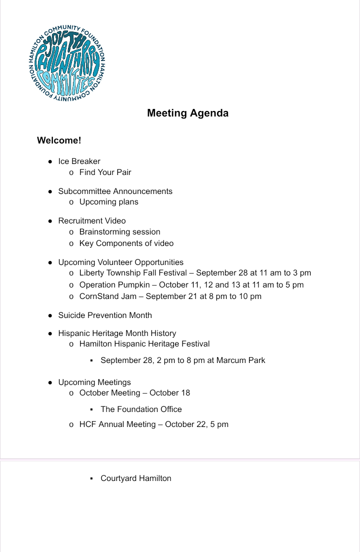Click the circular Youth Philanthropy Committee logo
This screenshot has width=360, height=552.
click(x=67, y=61)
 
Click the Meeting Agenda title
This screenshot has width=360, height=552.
click(x=187, y=113)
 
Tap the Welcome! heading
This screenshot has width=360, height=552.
click(x=59, y=140)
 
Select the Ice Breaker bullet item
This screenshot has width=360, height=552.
click(x=79, y=161)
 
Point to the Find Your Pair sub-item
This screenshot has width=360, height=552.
click(x=105, y=172)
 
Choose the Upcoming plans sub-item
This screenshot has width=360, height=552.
click(x=108, y=202)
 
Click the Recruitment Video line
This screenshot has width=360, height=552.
click(x=92, y=221)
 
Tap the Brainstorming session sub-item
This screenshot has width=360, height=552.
click(x=119, y=232)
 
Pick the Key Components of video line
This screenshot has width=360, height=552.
click(x=126, y=243)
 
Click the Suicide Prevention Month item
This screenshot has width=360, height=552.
click(x=105, y=315)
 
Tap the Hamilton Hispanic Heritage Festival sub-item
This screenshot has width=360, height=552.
click(x=144, y=344)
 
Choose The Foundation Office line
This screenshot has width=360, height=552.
click(x=141, y=409)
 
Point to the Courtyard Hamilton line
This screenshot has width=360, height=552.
click(x=135, y=478)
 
